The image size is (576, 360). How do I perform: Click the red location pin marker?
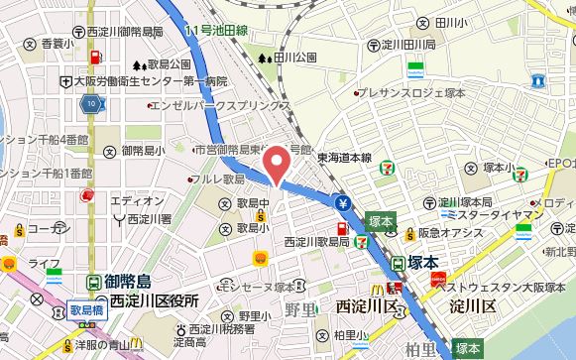coord(280,165)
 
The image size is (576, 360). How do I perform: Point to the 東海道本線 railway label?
coord(344,157)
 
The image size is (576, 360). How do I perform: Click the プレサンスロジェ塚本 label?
coord(412,94)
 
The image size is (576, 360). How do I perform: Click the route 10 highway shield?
coord(91,102)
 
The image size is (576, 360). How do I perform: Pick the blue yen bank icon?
coord(344,206)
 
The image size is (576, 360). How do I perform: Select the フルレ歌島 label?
coord(219,180)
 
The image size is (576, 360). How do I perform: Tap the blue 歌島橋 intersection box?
coord(86,309)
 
